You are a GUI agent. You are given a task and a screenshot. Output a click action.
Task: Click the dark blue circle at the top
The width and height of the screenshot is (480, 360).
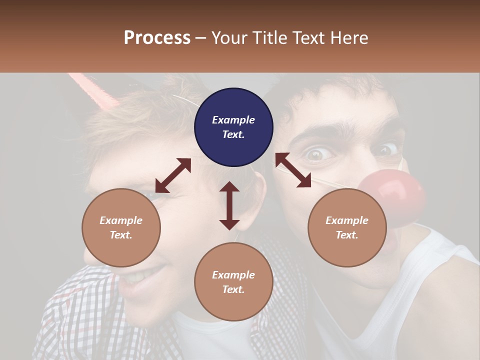point(233,127)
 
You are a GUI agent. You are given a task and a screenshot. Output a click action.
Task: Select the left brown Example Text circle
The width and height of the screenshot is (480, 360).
point(121,227)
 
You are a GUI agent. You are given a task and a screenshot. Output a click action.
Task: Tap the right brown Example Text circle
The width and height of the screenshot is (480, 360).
point(347,227)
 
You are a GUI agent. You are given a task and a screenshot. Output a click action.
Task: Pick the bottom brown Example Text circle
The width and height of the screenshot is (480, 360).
point(233,282)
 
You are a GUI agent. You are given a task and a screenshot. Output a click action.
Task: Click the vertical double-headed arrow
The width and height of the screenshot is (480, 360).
point(229,205)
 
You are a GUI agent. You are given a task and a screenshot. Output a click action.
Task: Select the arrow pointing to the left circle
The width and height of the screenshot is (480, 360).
point(173,175)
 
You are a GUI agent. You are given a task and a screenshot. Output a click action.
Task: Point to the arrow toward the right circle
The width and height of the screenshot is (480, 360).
point(293,170)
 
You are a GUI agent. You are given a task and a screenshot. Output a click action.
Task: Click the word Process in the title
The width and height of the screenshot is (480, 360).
point(157,37)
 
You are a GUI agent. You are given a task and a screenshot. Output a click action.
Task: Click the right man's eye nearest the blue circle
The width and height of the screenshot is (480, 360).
point(315,154)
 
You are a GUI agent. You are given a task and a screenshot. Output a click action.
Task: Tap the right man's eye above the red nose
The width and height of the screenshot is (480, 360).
point(387,149)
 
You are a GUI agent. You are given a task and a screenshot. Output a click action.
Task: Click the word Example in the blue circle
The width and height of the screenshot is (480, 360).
point(233,120)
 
